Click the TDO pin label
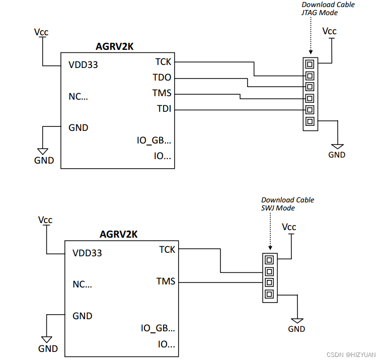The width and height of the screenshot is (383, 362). (162, 78)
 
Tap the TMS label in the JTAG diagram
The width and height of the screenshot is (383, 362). (162, 93)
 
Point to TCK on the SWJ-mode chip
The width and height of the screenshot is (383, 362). (167, 250)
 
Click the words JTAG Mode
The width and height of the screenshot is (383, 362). (320, 13)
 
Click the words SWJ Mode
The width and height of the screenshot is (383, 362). (278, 208)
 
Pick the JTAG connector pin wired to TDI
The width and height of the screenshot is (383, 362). (310, 110)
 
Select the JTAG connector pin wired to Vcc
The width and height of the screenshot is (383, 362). (310, 64)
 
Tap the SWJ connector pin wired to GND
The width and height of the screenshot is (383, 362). (269, 294)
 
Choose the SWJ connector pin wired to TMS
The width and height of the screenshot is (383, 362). (269, 282)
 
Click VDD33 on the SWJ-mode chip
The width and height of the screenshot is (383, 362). (87, 253)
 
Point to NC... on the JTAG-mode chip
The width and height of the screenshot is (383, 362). (78, 96)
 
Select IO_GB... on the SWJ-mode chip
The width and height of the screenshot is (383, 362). (158, 328)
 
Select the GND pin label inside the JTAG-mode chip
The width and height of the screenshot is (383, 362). (78, 127)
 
